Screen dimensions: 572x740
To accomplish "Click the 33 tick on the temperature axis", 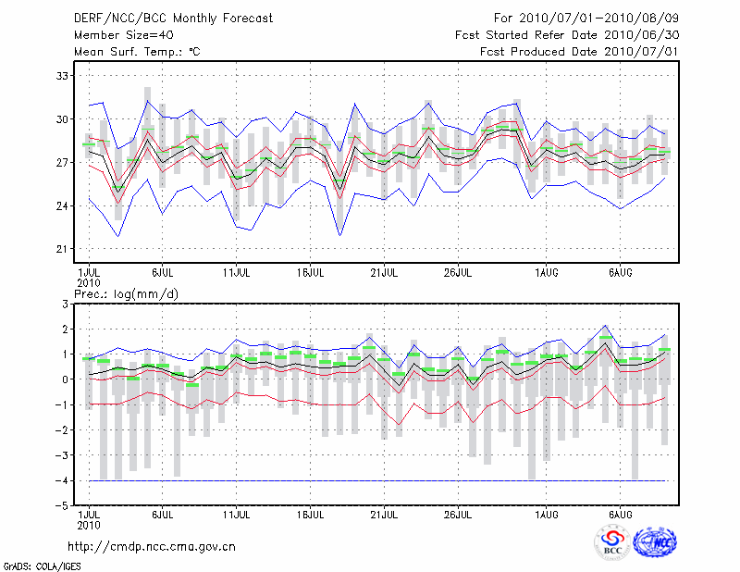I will (64, 75).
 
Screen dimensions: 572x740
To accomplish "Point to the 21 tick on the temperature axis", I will (64, 249).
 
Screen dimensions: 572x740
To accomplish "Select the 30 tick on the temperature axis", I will (64, 118).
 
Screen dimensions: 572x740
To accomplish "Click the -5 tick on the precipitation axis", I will (63, 506).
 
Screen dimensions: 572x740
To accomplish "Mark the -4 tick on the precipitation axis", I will (63, 481).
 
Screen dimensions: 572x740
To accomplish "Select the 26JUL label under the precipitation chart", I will (458, 514).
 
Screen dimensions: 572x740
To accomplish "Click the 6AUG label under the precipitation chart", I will (620, 514).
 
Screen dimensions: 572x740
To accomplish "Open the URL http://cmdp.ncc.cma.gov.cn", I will (152, 546).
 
